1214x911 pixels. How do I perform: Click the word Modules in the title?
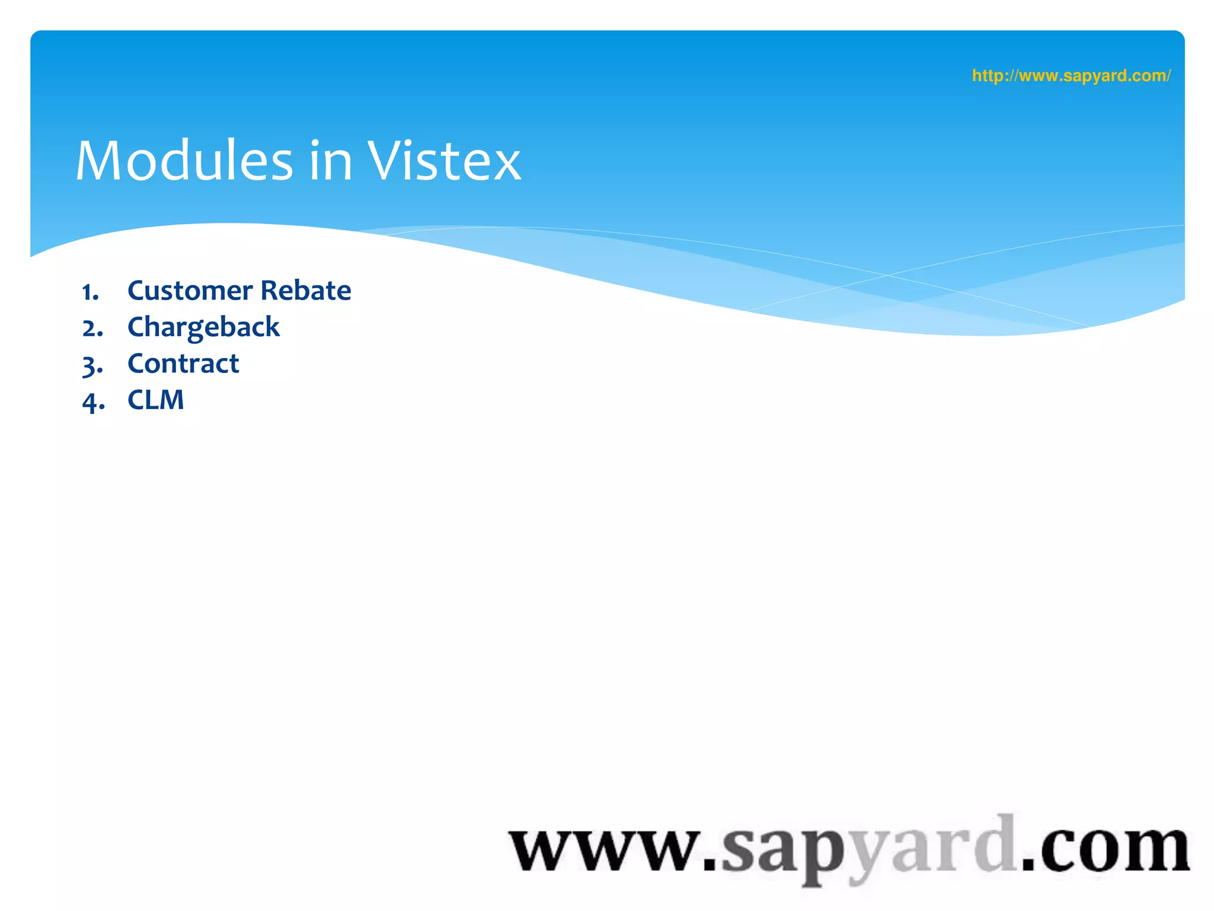[184, 161]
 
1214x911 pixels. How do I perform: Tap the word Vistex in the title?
[444, 161]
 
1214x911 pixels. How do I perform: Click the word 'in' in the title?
[331, 161]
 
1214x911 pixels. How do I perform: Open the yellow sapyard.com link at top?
[1071, 76]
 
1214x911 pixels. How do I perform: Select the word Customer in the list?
[190, 291]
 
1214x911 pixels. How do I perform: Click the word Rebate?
[306, 291]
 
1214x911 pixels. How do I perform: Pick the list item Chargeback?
[203, 327]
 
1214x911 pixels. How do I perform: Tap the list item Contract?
[183, 364]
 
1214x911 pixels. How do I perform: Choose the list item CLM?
[155, 400]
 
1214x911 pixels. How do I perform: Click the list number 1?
[90, 292]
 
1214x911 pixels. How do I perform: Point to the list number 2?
[92, 329]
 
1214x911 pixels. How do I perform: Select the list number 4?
[92, 402]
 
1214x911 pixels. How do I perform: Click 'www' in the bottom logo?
[605, 849]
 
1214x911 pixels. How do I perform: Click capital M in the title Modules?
[100, 161]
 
